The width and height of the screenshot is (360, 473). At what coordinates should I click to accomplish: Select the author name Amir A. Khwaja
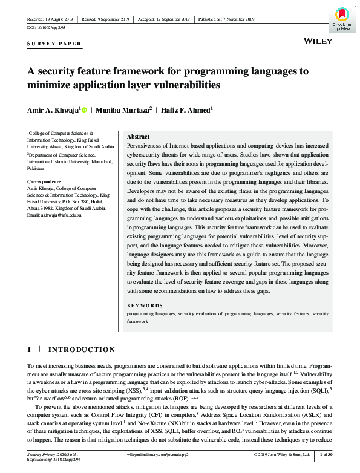52,109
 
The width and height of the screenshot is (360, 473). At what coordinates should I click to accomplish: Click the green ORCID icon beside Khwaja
83,109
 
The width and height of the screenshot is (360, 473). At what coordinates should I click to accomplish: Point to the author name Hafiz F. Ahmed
186,109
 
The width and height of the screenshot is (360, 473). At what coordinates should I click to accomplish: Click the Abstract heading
139,137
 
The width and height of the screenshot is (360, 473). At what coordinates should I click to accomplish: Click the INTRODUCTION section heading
82,350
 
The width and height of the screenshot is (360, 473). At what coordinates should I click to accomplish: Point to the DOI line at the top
45,28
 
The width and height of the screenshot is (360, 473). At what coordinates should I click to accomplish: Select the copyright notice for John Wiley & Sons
281,454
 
